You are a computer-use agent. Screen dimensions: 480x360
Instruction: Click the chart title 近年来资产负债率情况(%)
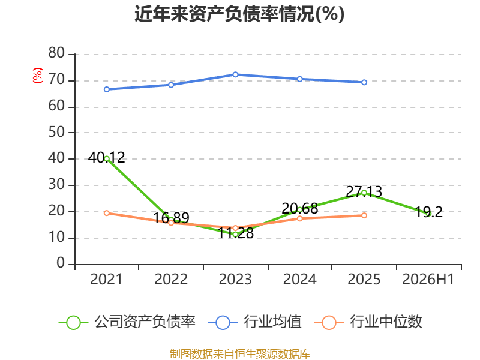click(x=239, y=14)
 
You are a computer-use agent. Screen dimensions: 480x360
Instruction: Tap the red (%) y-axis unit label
click(x=38, y=76)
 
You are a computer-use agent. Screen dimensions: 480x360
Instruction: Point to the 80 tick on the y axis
click(x=56, y=53)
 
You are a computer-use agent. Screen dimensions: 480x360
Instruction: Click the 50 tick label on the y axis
click(x=56, y=132)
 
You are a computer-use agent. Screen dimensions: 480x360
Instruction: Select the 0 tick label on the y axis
click(x=61, y=263)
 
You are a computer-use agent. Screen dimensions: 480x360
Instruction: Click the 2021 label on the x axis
click(x=106, y=280)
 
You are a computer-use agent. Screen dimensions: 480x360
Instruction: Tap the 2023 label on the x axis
click(x=235, y=280)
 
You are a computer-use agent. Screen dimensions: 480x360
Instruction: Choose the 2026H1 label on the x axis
click(x=428, y=280)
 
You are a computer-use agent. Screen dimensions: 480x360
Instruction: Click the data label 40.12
click(x=107, y=158)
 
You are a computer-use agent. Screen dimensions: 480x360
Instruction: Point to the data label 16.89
click(x=171, y=218)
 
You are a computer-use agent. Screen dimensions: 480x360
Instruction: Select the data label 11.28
click(x=236, y=233)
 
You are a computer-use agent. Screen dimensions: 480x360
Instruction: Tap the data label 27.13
click(x=364, y=191)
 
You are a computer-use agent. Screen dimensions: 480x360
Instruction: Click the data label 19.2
click(x=428, y=212)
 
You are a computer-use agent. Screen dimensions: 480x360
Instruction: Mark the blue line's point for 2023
click(x=235, y=74)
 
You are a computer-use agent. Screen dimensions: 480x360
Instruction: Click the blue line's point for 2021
click(x=107, y=89)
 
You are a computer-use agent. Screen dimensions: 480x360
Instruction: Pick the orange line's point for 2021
click(x=107, y=213)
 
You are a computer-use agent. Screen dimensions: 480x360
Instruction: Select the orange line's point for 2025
click(x=364, y=215)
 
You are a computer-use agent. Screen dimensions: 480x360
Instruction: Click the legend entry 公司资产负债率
click(x=127, y=322)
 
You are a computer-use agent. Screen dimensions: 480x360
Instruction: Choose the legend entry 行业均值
click(x=254, y=322)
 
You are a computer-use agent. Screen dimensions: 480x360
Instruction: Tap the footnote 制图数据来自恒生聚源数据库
click(x=240, y=354)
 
